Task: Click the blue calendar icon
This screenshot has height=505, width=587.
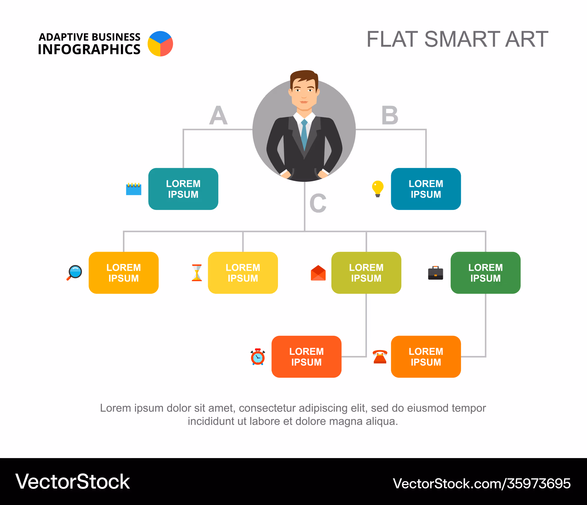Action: (x=134, y=189)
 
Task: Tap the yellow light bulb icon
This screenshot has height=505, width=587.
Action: (x=378, y=189)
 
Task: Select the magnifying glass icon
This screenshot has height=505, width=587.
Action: (x=74, y=273)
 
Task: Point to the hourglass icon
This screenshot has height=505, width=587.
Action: (x=197, y=273)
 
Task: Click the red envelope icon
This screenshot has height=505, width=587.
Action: (x=318, y=273)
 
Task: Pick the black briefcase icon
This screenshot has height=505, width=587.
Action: (x=436, y=273)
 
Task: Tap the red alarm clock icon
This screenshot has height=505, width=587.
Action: (x=258, y=357)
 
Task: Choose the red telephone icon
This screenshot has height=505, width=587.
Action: (x=380, y=357)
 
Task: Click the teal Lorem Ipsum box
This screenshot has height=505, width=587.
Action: (x=183, y=189)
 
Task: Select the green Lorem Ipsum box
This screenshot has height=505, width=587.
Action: (x=485, y=273)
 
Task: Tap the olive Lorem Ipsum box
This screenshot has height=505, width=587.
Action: (x=366, y=273)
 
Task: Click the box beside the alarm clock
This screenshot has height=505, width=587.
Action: (x=306, y=357)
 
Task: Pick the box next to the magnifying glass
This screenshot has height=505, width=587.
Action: (x=124, y=273)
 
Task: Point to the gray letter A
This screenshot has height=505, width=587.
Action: (x=218, y=115)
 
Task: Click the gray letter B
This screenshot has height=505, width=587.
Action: (x=390, y=115)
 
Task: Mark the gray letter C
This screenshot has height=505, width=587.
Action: (x=318, y=203)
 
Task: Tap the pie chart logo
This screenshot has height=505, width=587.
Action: (x=160, y=44)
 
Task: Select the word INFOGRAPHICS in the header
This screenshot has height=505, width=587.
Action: (x=89, y=49)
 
